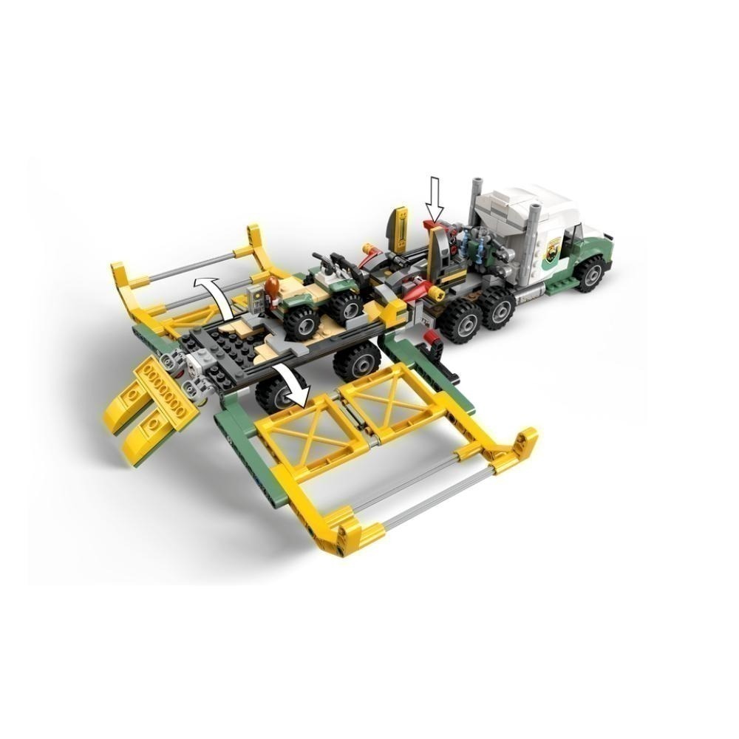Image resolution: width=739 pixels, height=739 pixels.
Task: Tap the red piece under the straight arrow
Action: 432,225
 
